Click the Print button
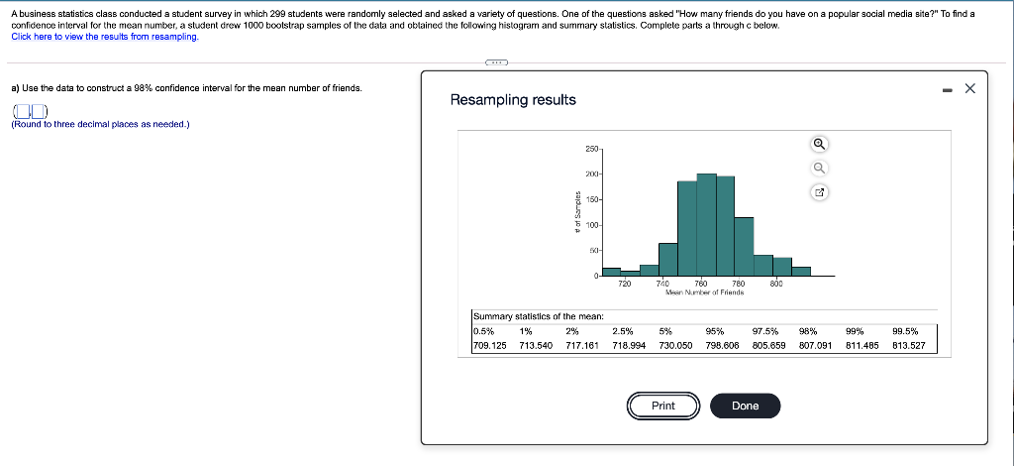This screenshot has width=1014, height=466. pyautogui.click(x=663, y=406)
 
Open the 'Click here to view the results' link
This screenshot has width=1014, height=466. pyautogui.click(x=104, y=36)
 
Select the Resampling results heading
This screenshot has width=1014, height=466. pyautogui.click(x=513, y=100)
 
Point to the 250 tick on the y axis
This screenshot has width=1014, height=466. pyautogui.click(x=590, y=149)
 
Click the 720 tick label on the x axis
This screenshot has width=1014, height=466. pyautogui.click(x=624, y=285)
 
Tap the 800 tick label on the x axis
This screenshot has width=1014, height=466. pyautogui.click(x=777, y=285)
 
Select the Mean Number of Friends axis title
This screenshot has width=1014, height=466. pyautogui.click(x=705, y=292)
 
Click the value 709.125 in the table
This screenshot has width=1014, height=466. pyautogui.click(x=490, y=346)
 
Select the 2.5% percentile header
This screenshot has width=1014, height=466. pyautogui.click(x=623, y=331)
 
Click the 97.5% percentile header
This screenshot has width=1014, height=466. pyautogui.click(x=764, y=331)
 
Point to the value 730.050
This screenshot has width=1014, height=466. pyautogui.click(x=675, y=346)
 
